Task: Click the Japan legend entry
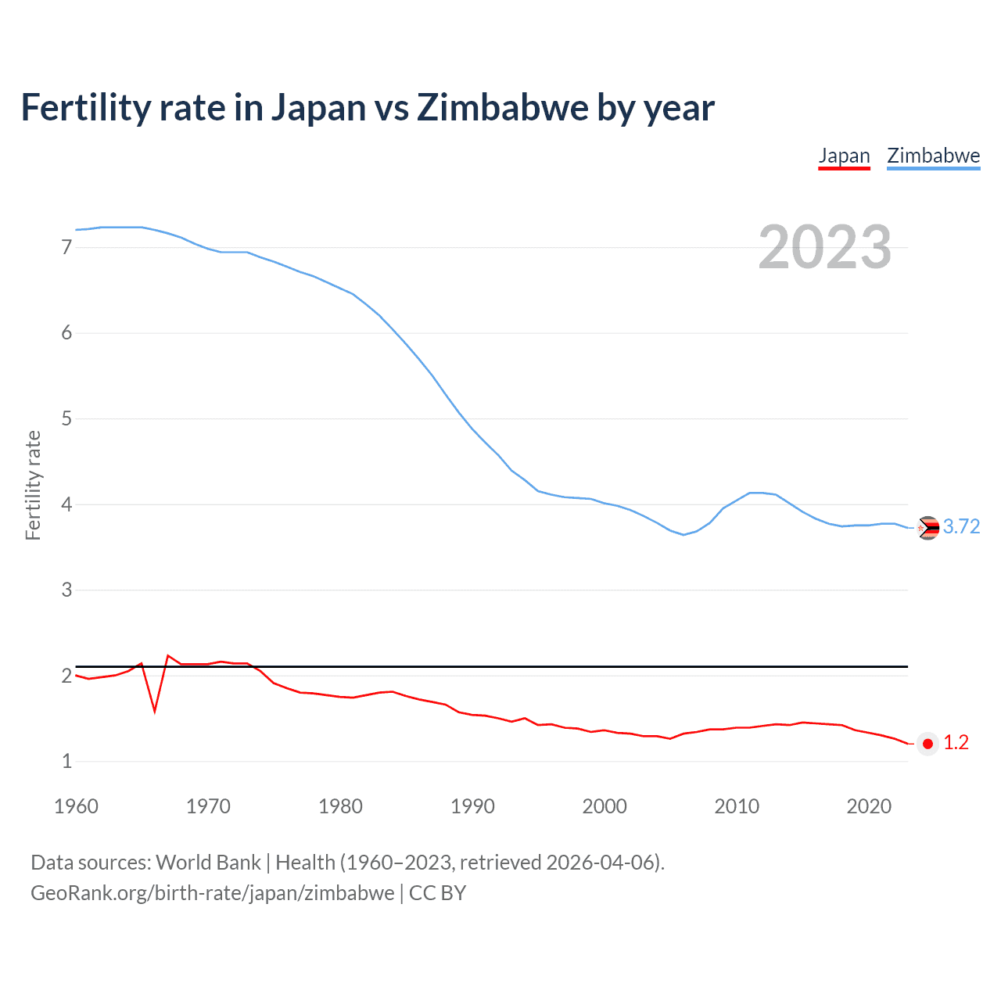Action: (844, 156)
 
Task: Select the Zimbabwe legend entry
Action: (933, 156)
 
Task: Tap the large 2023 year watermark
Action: (824, 247)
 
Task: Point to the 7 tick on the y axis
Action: (66, 248)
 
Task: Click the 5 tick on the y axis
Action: (66, 419)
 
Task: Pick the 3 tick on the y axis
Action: (66, 590)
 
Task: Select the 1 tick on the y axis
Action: (66, 761)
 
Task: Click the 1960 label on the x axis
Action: (76, 806)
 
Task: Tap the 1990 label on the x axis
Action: (472, 806)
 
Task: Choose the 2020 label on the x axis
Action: (869, 806)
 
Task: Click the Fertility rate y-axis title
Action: (33, 485)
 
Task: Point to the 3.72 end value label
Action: (961, 527)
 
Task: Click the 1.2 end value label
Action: (956, 743)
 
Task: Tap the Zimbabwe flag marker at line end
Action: (927, 529)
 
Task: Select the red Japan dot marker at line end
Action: (927, 744)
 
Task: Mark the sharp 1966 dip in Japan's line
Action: (155, 710)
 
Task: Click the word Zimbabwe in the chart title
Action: (502, 108)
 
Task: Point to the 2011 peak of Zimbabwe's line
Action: (751, 493)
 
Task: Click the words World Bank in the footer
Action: (208, 863)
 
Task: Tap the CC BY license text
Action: (437, 893)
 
